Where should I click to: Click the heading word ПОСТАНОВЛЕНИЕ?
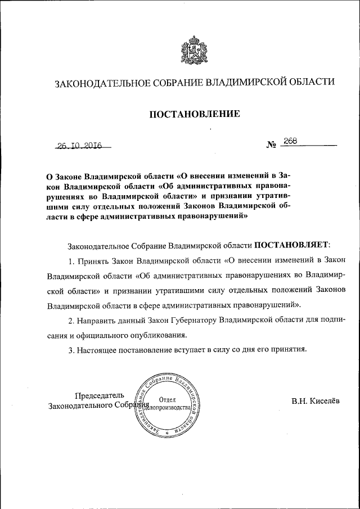[x=195, y=114]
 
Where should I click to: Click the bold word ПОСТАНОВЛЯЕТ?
[x=292, y=245]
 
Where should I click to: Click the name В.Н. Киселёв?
[x=316, y=401]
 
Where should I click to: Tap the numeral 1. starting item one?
[x=71, y=261]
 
